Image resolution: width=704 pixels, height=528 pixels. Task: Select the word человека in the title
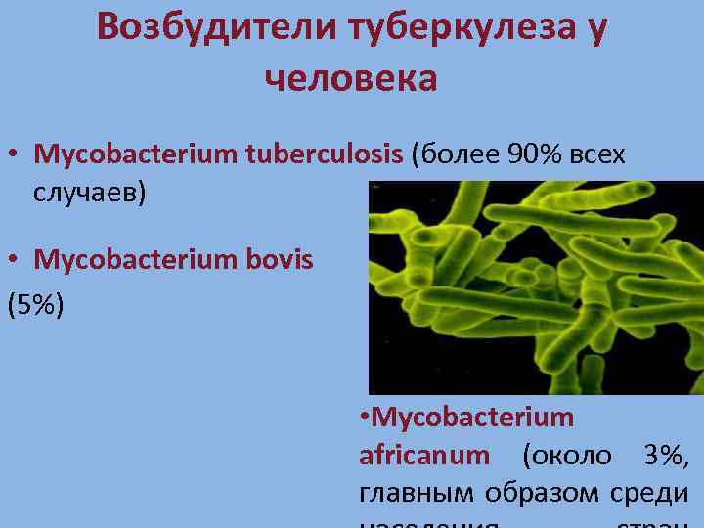pos(351,78)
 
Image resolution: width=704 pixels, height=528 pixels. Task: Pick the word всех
pos(595,154)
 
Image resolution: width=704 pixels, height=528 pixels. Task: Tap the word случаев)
pos(89,193)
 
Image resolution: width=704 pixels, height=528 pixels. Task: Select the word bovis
pos(280,259)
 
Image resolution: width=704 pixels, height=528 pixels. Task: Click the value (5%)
pos(35,305)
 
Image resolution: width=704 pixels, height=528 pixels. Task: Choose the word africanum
pos(423,455)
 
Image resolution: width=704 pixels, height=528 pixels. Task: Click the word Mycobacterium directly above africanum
pos(473,418)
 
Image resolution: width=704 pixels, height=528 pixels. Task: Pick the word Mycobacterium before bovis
pos(136,259)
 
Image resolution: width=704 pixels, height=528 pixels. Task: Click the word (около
pos(567,455)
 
